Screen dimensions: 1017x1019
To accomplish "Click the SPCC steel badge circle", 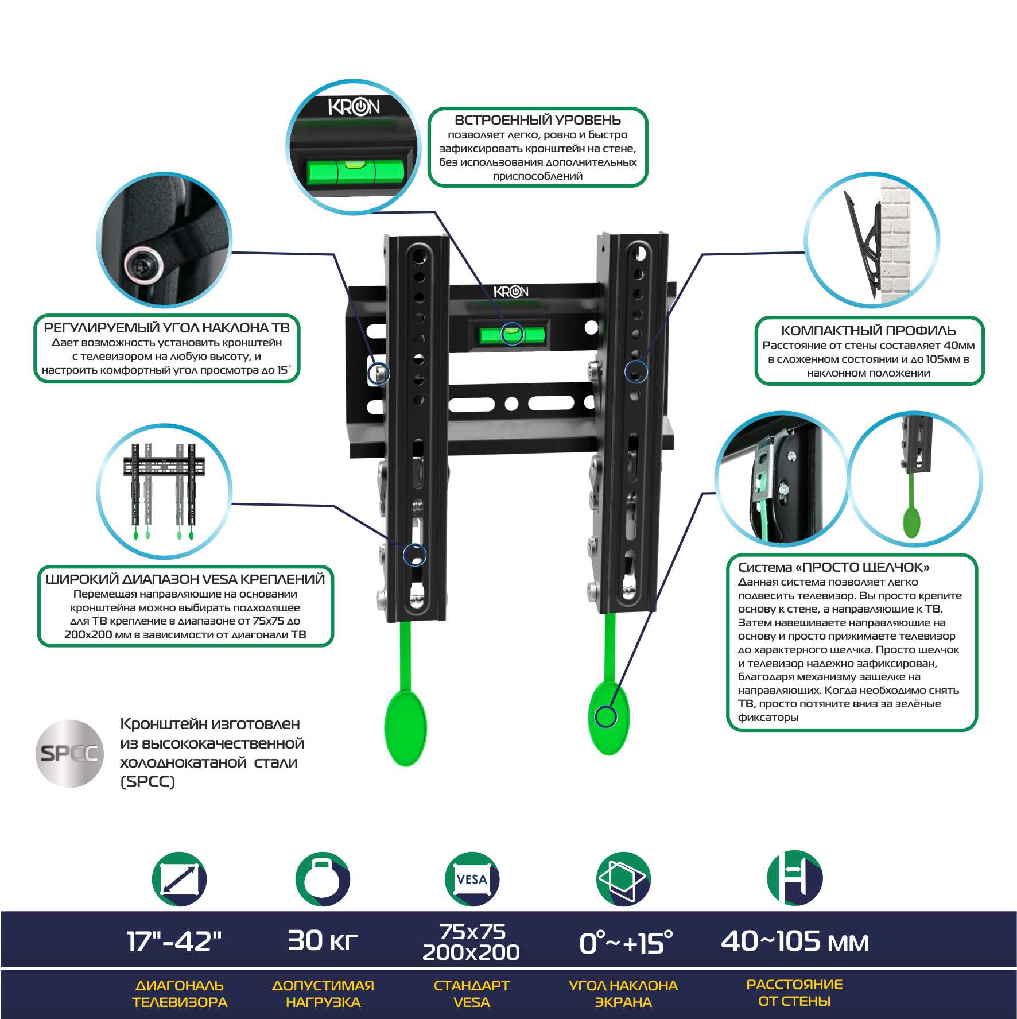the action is point(69,753).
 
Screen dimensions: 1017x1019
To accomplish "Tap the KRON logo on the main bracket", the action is point(511,292).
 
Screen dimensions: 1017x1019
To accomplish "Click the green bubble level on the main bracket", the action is point(511,334).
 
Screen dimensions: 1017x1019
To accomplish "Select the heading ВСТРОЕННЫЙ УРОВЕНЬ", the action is point(538,120).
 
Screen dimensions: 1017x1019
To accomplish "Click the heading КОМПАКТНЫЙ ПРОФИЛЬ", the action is point(868,331).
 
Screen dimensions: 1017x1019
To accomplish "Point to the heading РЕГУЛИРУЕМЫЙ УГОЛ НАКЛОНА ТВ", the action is point(167,328).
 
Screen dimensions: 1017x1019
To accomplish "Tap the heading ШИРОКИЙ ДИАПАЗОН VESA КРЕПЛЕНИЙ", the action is point(185,579).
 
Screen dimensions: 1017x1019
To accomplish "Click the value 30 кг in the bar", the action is point(323,940).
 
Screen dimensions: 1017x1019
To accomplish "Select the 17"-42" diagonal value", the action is point(174,941).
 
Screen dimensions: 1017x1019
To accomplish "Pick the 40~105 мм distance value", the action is point(795,941).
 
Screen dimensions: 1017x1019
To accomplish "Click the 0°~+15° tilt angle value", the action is point(626,943).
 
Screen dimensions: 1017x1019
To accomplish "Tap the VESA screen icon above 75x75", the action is point(472,879).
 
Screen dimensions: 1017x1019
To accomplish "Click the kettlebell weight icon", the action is point(323,879).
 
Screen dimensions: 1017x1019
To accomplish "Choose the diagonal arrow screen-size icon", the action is point(180,879).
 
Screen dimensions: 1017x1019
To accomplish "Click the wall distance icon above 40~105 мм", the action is point(795,878).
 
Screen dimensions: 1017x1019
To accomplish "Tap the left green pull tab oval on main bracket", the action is point(406,729).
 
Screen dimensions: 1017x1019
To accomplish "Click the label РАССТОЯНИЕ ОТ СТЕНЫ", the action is point(794,993).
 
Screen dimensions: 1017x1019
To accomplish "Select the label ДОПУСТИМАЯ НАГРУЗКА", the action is point(323,994).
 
